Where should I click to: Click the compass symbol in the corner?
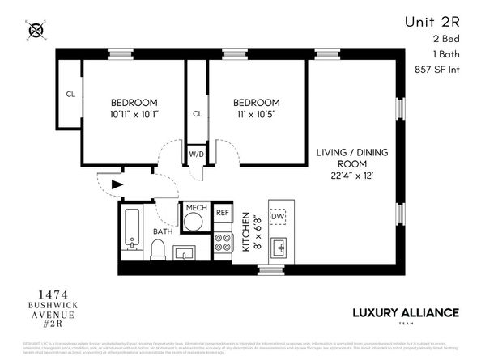(x=36, y=31)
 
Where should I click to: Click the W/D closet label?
(x=196, y=154)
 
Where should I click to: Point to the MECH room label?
(x=196, y=209)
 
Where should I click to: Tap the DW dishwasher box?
(x=278, y=216)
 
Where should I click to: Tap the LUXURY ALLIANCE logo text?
(x=406, y=312)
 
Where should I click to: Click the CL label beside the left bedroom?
(x=70, y=92)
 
